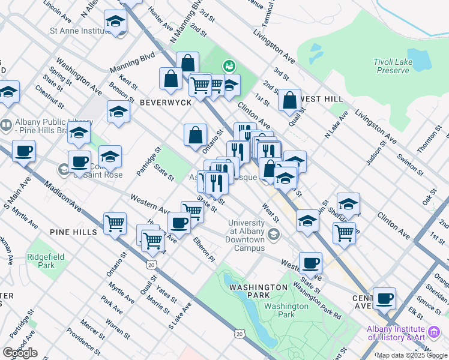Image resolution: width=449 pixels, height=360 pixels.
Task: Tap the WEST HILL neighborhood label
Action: (321, 99)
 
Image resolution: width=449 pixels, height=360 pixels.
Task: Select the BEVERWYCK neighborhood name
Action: (165, 103)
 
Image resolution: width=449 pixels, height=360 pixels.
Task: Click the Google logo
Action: (20, 352)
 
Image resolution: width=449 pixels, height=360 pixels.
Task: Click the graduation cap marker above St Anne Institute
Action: (115, 22)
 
